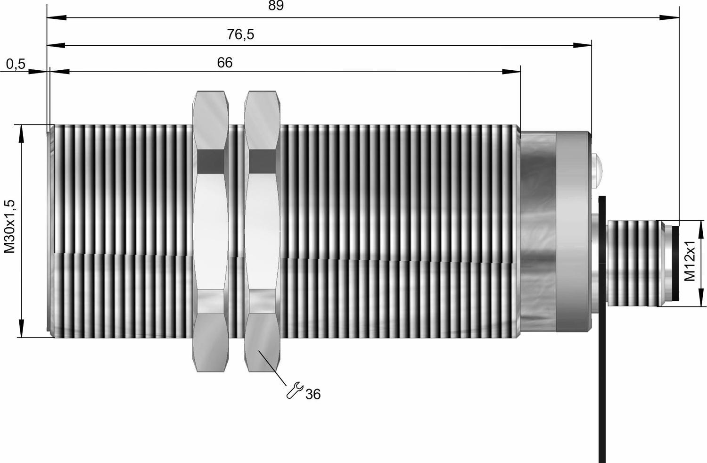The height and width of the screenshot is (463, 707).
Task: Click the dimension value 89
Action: click(276, 6)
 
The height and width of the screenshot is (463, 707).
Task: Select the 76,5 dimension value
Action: click(240, 34)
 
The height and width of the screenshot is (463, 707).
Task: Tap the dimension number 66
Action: click(225, 63)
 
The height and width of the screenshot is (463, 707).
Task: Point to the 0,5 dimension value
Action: click(16, 64)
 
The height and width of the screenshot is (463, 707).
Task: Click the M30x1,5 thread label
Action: click(9, 226)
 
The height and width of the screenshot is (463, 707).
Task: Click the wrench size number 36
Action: click(313, 394)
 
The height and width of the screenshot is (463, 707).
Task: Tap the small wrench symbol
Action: click(295, 390)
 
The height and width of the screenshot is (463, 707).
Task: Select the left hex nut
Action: click(211, 231)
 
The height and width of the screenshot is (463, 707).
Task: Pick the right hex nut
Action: click(262, 231)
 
